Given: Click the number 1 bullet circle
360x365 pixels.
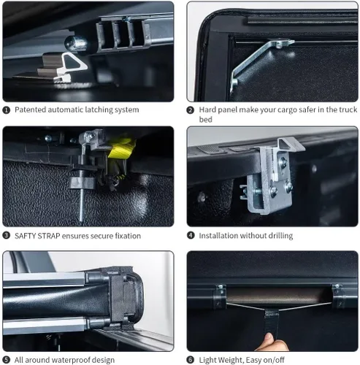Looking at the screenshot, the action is coord(6,110).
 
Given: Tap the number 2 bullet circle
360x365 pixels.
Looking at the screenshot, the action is coord(191,110).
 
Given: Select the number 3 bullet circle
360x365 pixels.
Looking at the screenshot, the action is coord(6,236).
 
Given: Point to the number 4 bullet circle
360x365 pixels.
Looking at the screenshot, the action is coord(191,236).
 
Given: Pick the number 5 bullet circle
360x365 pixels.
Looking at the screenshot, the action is coord(6,360).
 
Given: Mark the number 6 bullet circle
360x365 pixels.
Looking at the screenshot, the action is coord(191,360).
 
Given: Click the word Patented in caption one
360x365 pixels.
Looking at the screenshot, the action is coord(31,109).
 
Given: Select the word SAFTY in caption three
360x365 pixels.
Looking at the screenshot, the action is coord(25,236).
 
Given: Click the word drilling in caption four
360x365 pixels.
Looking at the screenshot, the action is coord(280,236).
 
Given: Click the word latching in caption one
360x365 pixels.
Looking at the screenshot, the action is coord(98,110).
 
